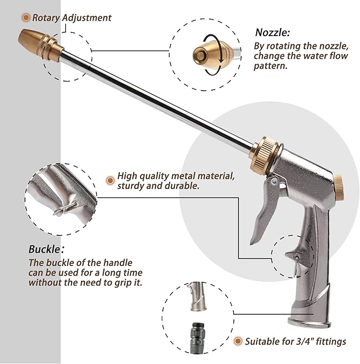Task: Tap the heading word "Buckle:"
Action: pyautogui.click(x=46, y=248)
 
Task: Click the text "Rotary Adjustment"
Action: pyautogui.click(x=72, y=17)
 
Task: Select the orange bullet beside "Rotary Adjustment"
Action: pyautogui.click(x=25, y=17)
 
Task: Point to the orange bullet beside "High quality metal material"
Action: pyautogui.click(x=110, y=180)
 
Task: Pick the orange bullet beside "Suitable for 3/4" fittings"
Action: pyautogui.click(x=238, y=341)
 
